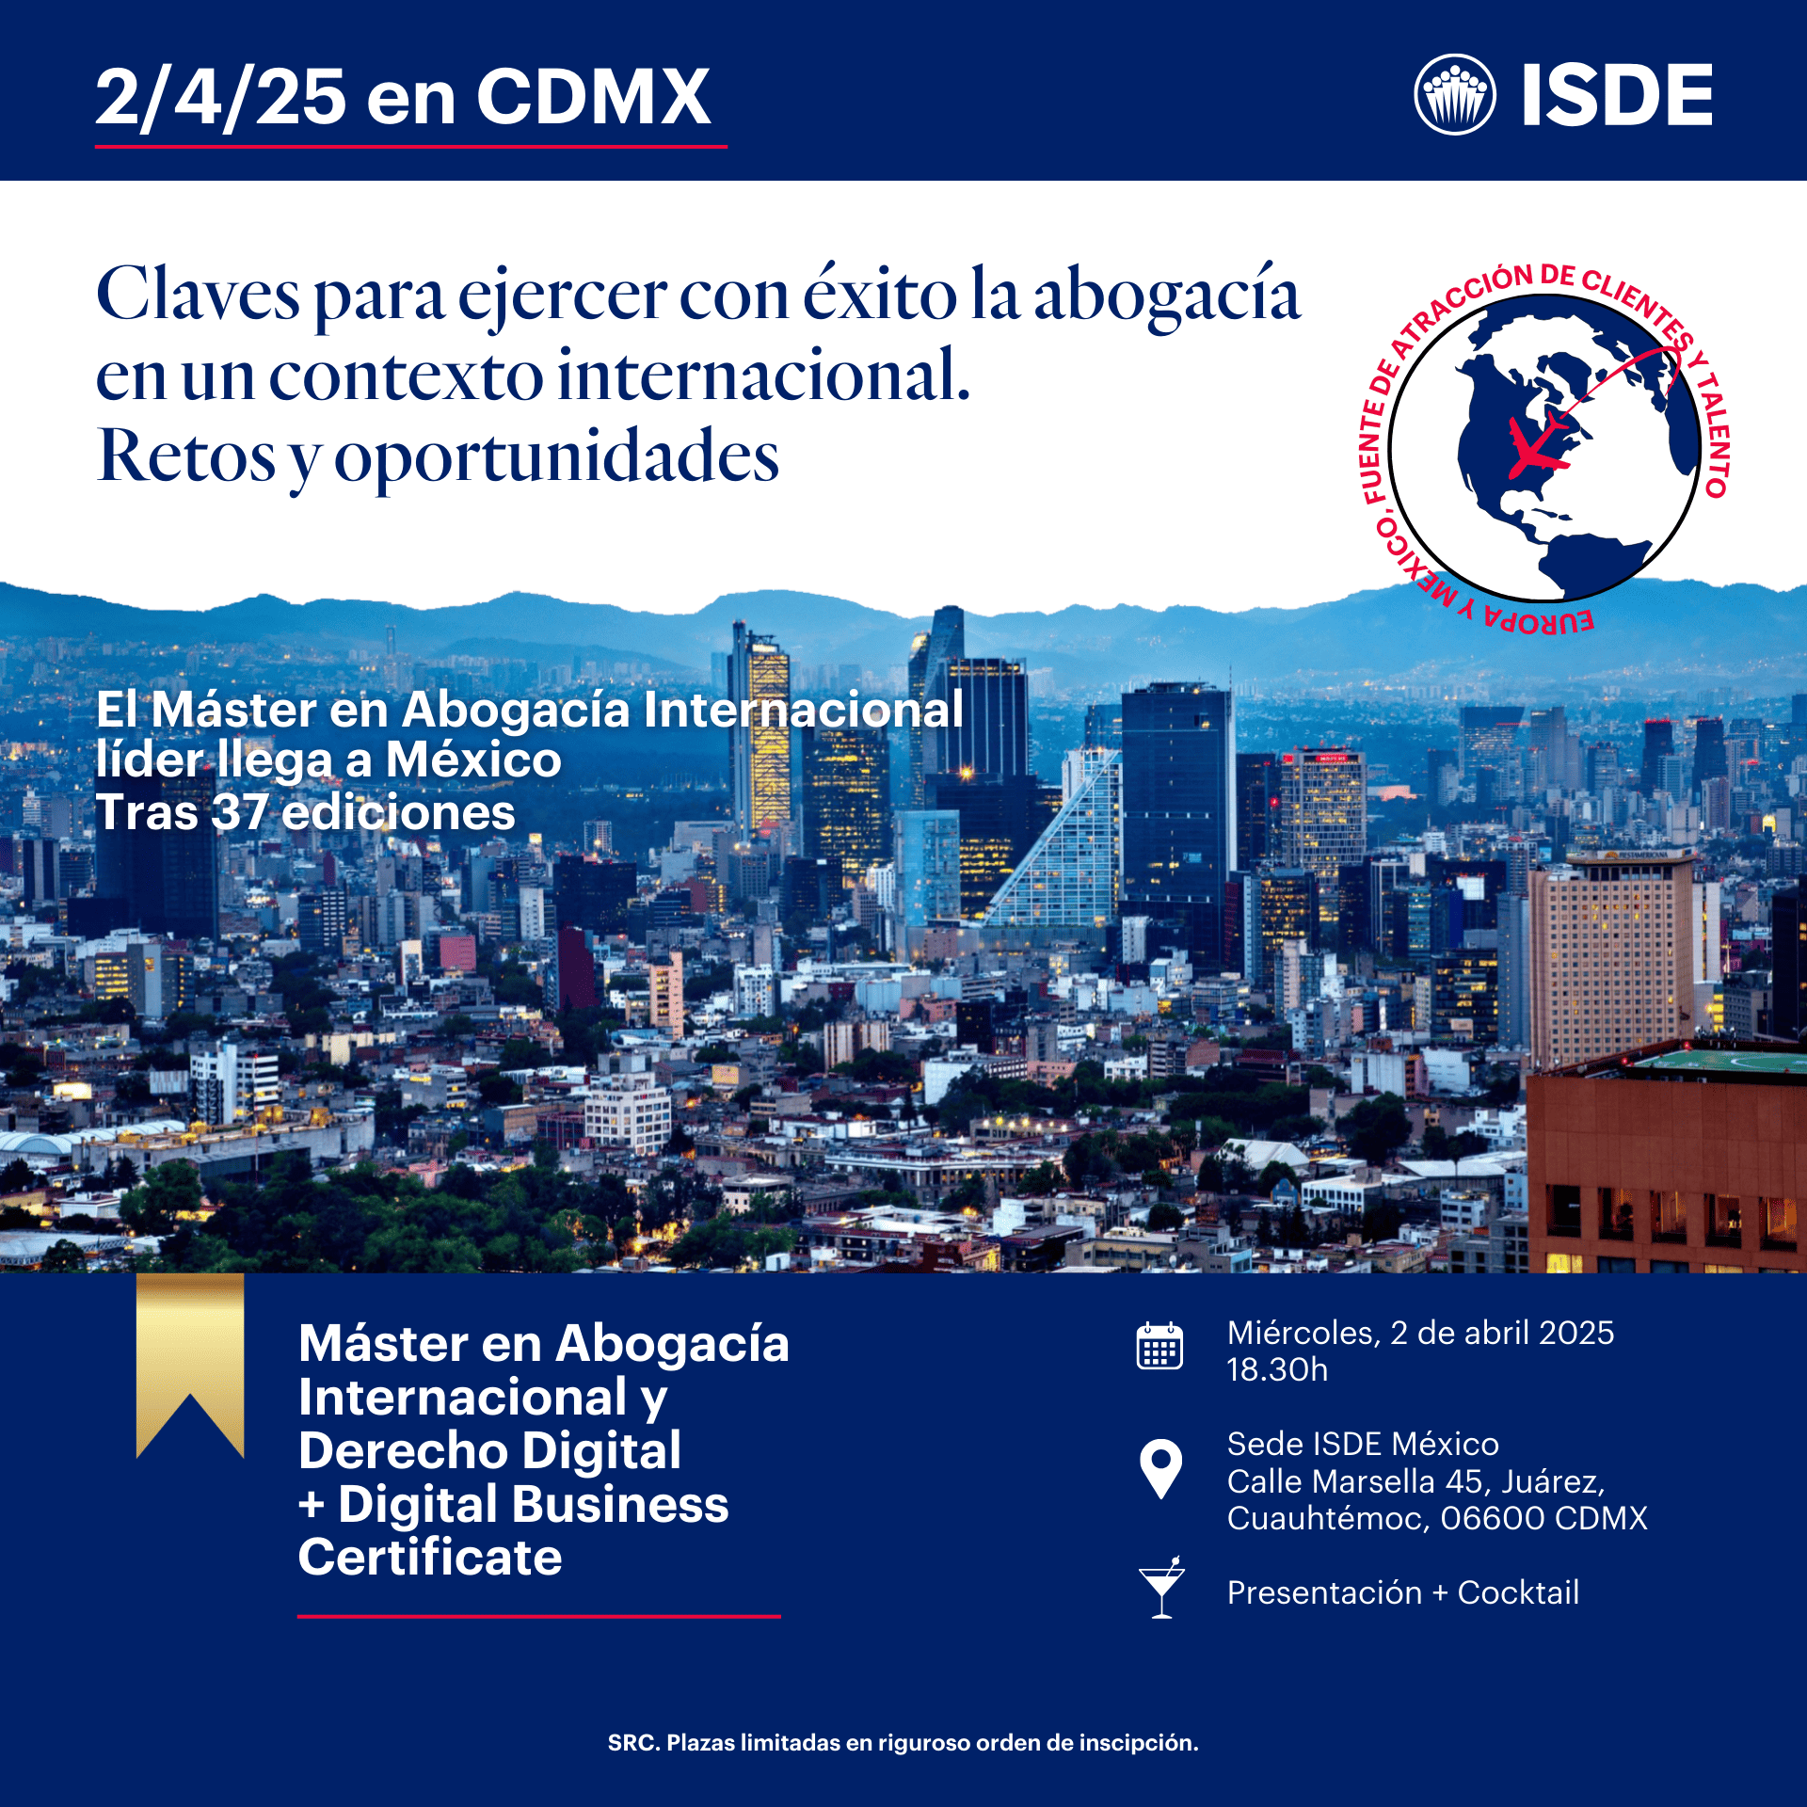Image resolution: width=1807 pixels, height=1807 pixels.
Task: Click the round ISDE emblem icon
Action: (x=1454, y=94)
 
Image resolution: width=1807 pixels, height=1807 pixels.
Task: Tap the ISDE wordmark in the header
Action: (x=1617, y=95)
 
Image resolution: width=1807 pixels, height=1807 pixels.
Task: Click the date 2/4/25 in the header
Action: (x=221, y=97)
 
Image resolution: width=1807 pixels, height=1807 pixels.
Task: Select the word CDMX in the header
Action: (x=593, y=97)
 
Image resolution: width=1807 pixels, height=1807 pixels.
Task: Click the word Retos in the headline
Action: (x=186, y=456)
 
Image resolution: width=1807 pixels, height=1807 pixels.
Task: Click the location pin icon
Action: (x=1160, y=1467)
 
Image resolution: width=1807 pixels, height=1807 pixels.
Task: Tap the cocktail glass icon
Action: (x=1161, y=1588)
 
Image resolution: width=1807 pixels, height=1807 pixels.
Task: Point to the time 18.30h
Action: (x=1276, y=1369)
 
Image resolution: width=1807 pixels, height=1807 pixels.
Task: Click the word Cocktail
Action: (x=1517, y=1592)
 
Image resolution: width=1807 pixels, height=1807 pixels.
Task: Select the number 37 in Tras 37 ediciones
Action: (x=239, y=812)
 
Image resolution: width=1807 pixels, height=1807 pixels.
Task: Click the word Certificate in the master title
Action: (x=430, y=1558)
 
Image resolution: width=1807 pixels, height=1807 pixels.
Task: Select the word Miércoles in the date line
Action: (x=1303, y=1333)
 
